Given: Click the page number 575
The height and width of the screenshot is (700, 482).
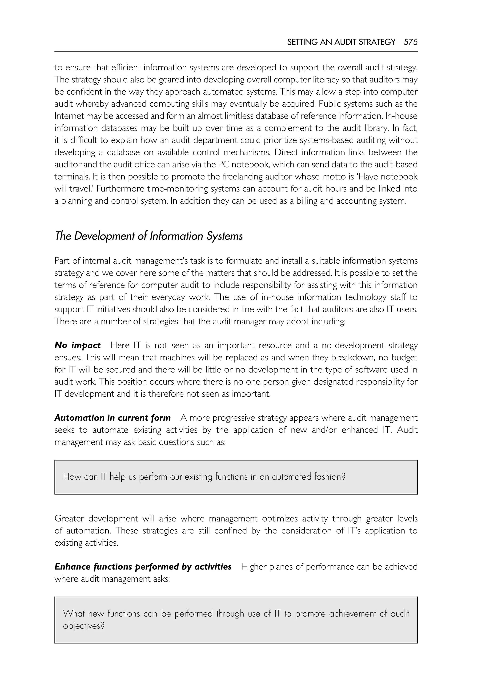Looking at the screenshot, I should point(410,42).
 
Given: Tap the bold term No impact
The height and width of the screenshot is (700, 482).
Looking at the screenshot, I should point(78,345).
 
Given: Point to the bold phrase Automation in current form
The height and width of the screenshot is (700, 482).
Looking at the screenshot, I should point(112,418).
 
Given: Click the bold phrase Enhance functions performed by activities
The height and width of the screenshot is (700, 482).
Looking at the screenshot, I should point(143,567).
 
